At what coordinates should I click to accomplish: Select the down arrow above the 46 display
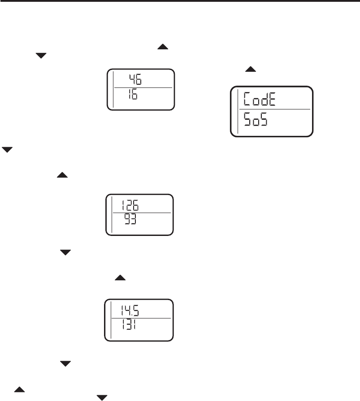[41, 56]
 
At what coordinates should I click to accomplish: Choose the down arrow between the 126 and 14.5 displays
[66, 253]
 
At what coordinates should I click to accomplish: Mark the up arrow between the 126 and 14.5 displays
[120, 279]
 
